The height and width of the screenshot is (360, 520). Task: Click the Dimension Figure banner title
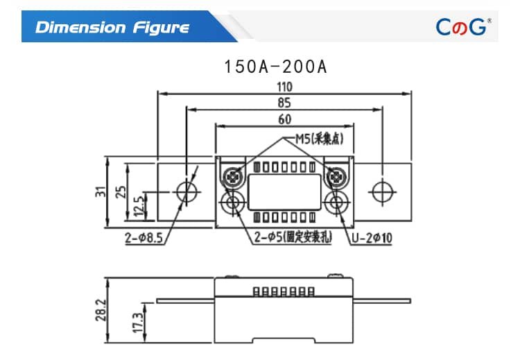click(x=112, y=27)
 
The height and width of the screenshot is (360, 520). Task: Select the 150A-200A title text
click(x=275, y=67)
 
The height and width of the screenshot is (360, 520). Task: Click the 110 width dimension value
click(x=285, y=87)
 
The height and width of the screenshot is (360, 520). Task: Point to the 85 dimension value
click(x=285, y=103)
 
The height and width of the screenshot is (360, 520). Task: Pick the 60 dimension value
click(x=285, y=119)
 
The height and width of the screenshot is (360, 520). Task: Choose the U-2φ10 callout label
click(x=372, y=239)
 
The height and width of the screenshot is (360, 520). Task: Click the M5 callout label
click(x=320, y=139)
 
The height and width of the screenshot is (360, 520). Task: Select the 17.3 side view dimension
click(x=136, y=321)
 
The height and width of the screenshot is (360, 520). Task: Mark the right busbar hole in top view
click(x=383, y=192)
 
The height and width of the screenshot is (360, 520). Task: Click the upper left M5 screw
click(x=233, y=178)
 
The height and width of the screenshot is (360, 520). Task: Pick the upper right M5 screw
click(x=337, y=178)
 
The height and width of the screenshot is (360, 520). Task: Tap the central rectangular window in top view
click(x=285, y=191)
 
